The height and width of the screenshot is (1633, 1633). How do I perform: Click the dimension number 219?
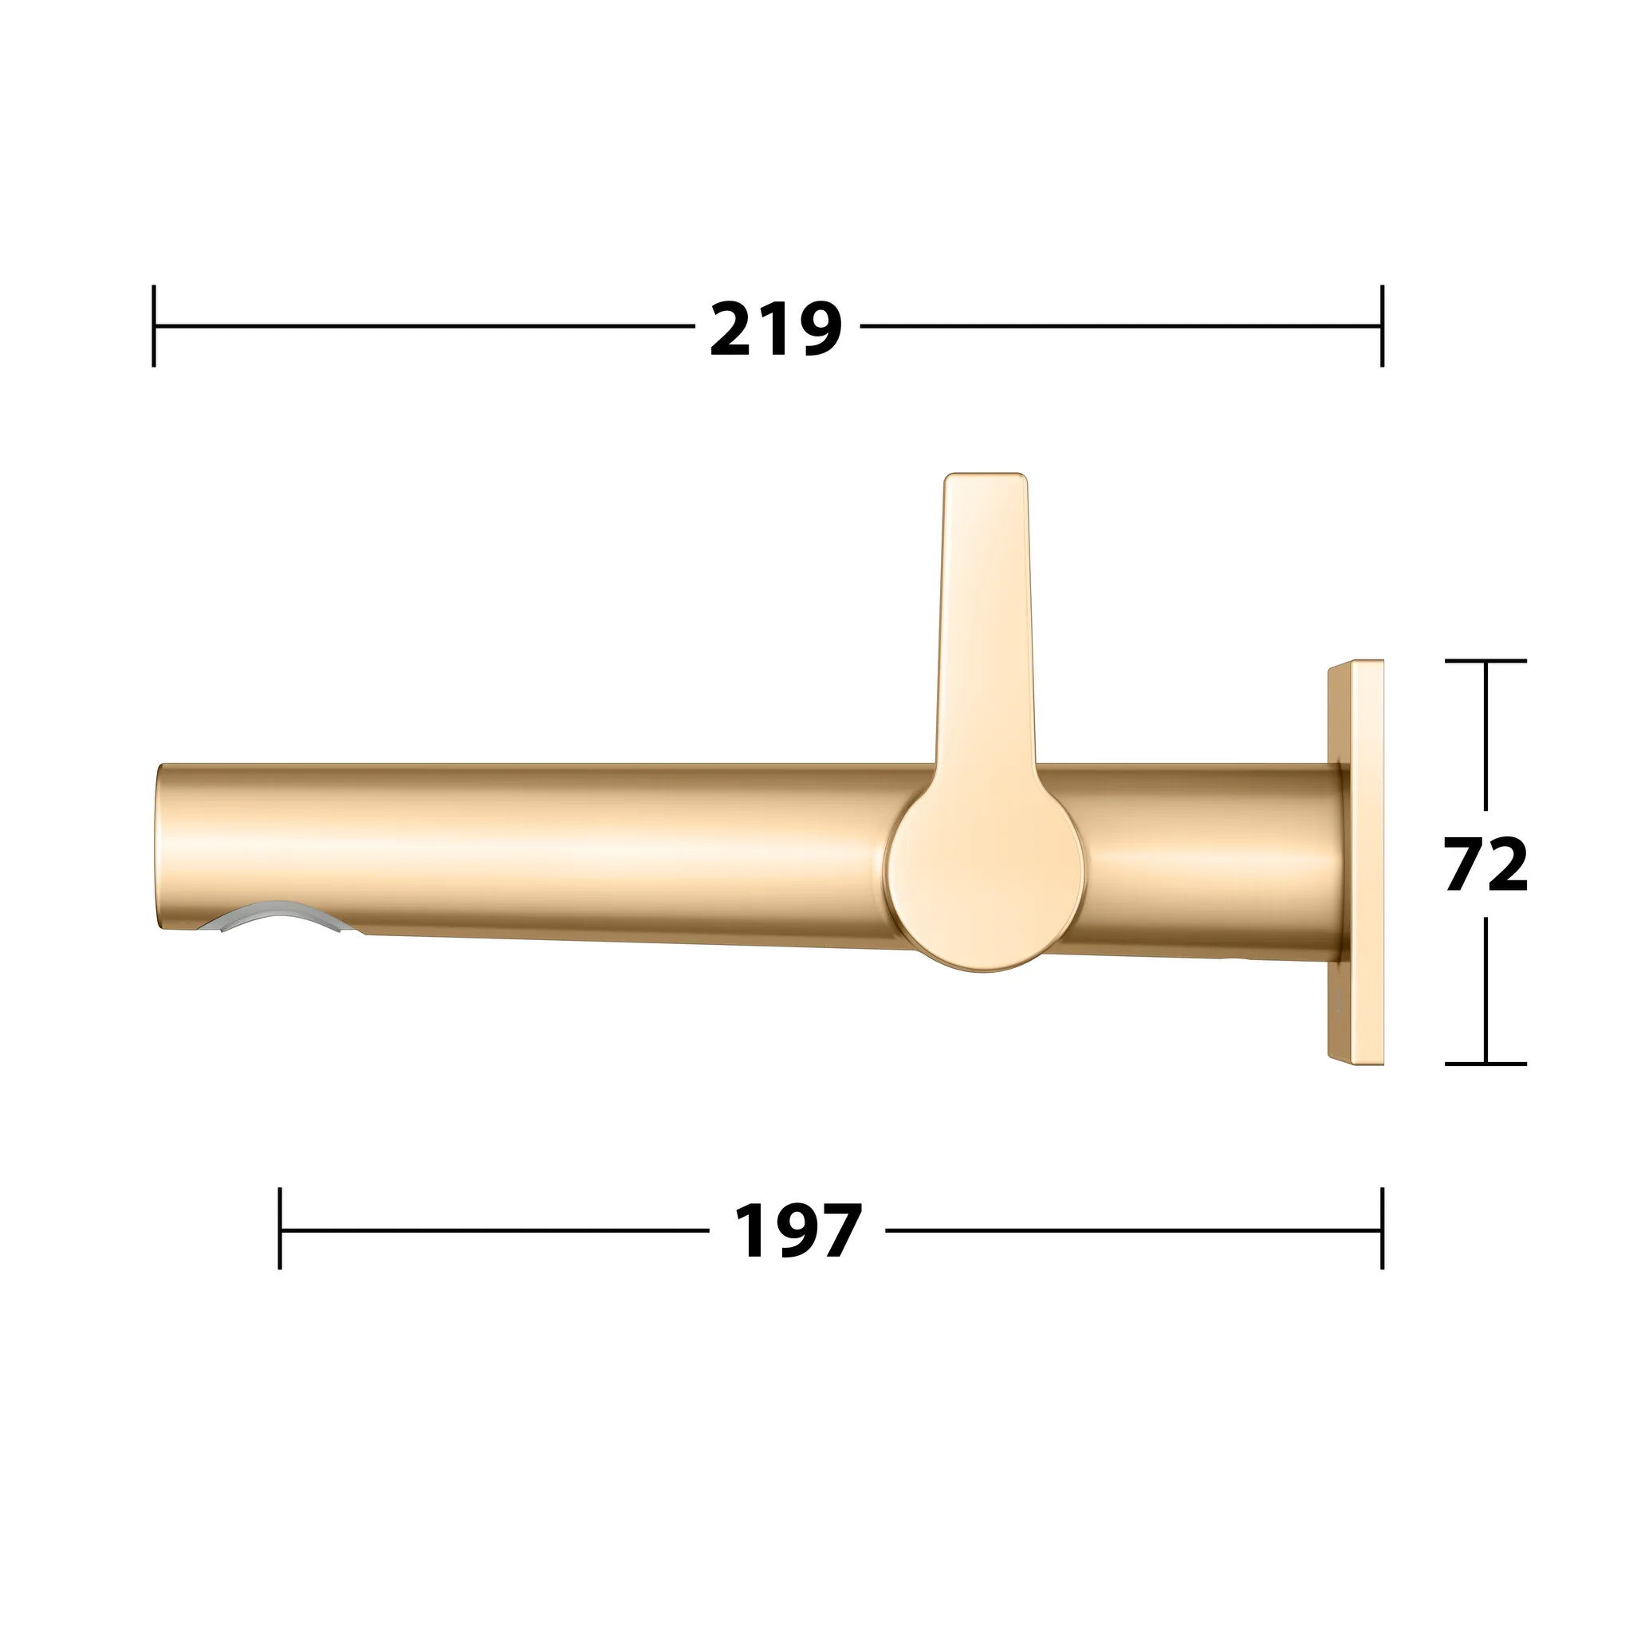point(776,329)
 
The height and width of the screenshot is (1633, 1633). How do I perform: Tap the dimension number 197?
point(798,1231)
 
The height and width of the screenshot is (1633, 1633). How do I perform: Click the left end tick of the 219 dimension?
point(154,326)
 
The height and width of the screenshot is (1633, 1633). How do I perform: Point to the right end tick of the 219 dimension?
point(1382,326)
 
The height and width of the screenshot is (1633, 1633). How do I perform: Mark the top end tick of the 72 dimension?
point(1485,661)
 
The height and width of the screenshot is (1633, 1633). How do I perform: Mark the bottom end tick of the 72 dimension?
point(1485,1064)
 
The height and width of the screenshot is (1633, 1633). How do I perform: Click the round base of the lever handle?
point(986,879)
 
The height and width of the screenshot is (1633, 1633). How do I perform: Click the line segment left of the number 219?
point(423,326)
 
